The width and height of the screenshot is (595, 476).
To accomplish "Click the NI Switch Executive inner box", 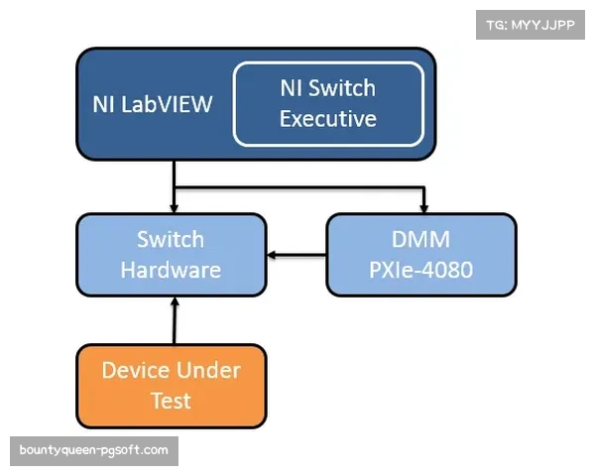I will [328, 103].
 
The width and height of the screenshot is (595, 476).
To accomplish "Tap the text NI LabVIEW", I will [153, 104].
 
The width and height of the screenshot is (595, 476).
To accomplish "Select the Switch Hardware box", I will [171, 254].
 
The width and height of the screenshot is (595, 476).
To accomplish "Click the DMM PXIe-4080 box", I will [421, 254].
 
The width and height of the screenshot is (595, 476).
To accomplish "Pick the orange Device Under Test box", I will [171, 386].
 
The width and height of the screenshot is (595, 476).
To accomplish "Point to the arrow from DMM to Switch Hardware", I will [297, 255].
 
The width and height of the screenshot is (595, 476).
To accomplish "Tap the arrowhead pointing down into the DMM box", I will [424, 207].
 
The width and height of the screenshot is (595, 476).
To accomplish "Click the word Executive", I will [328, 119].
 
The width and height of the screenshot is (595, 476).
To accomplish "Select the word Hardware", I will [171, 270].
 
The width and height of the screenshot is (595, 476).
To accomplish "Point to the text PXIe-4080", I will [421, 270].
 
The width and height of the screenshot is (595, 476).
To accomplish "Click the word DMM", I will [421, 239].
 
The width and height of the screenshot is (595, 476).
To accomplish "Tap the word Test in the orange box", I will [171, 402].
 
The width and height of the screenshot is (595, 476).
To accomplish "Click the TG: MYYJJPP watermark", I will [531, 25].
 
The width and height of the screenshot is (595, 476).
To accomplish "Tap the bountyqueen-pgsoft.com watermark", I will [94, 451].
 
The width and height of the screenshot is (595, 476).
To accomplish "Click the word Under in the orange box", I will [208, 371].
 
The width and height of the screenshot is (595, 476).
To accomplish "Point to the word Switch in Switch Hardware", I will [171, 239].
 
